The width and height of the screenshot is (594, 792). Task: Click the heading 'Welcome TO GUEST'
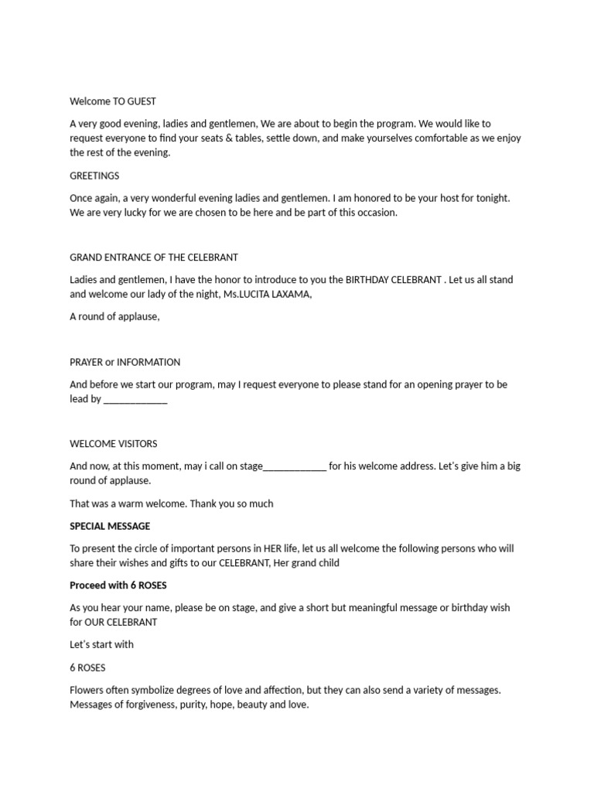[113, 101]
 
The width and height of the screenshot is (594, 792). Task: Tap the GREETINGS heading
[94, 176]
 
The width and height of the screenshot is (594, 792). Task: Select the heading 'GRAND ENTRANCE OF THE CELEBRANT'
[154, 258]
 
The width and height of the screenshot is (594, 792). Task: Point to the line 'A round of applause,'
[114, 316]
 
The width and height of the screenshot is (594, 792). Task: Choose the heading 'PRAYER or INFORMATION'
[125, 362]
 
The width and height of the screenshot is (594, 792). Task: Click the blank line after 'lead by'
[135, 400]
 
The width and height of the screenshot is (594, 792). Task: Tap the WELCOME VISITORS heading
[113, 444]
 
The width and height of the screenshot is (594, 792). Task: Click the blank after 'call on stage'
[295, 466]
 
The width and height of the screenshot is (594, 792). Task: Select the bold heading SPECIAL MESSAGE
[110, 527]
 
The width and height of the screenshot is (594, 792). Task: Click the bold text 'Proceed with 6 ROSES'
[118, 585]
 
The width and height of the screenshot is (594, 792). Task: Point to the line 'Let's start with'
[101, 644]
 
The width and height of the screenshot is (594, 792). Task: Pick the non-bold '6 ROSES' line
[87, 667]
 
